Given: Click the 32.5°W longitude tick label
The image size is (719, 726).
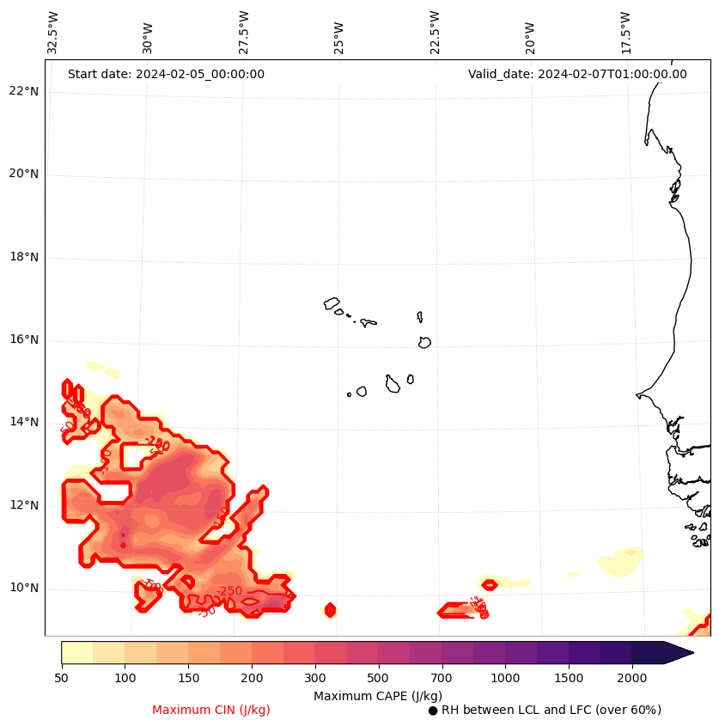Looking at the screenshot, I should (x=53, y=33).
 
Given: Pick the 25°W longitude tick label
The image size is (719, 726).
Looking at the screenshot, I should (x=339, y=38).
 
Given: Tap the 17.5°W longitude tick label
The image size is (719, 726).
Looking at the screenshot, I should (x=625, y=33).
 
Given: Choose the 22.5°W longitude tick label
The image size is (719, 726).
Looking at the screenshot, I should (x=435, y=33).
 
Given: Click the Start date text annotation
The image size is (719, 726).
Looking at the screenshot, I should (x=166, y=74).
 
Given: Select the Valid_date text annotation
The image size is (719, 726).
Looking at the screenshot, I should (x=577, y=74).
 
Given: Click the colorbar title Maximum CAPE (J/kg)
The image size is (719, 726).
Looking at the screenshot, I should (x=378, y=696).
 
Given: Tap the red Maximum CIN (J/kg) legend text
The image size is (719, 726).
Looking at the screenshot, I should (x=211, y=711).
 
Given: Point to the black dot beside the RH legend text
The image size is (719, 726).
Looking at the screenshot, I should (x=433, y=711).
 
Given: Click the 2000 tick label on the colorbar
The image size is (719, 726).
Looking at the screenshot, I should (x=631, y=679).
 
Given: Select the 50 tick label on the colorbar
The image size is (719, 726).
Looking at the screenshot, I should (x=61, y=679).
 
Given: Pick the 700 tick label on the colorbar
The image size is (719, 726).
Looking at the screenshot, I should (x=442, y=679).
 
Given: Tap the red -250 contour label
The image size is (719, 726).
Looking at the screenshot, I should (x=229, y=592).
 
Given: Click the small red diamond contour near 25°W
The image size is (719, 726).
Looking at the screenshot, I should (x=330, y=610).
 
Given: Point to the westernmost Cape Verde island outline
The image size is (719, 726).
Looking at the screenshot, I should (x=332, y=303).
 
